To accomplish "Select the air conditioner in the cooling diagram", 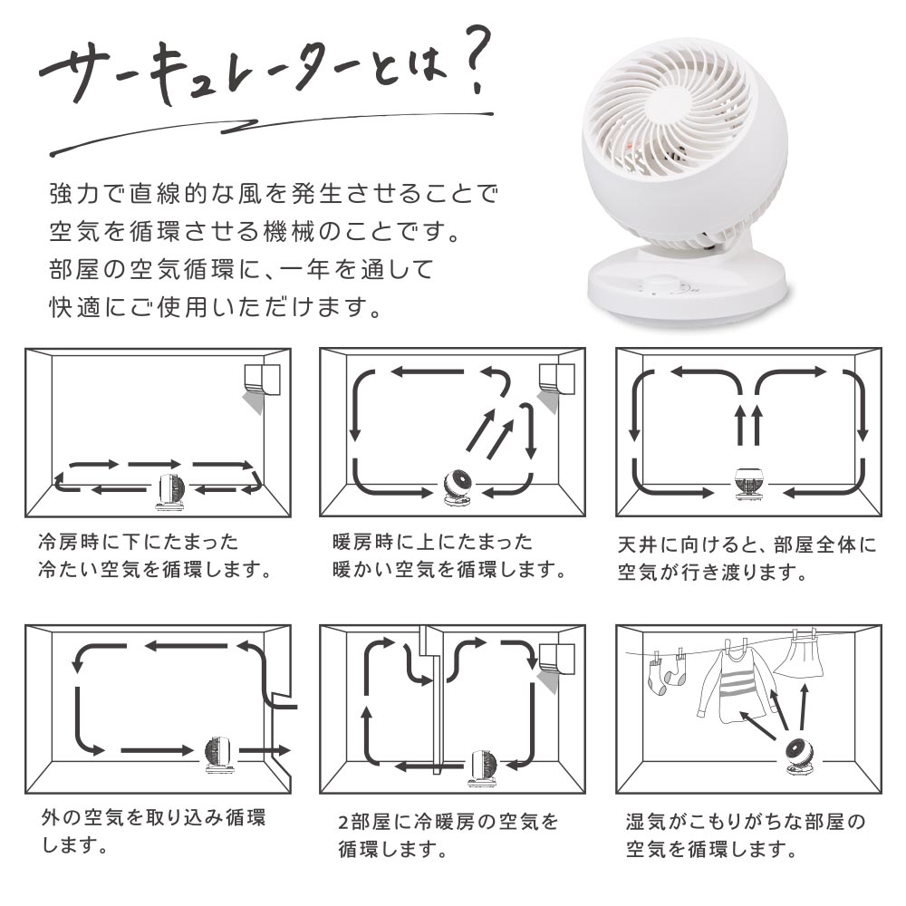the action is [263, 381].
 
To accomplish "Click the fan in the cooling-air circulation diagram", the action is [170, 492].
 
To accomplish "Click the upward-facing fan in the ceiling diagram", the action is [750, 484].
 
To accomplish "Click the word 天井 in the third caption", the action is [639, 545].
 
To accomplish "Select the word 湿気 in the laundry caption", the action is [647, 821].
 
